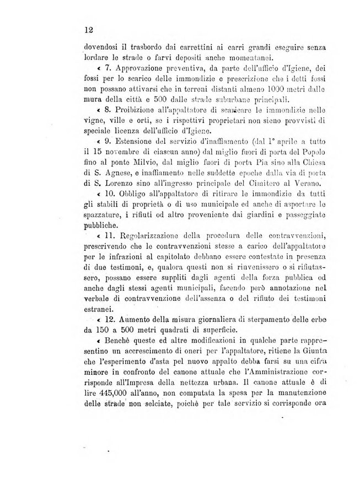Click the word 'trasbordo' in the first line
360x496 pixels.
148,48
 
